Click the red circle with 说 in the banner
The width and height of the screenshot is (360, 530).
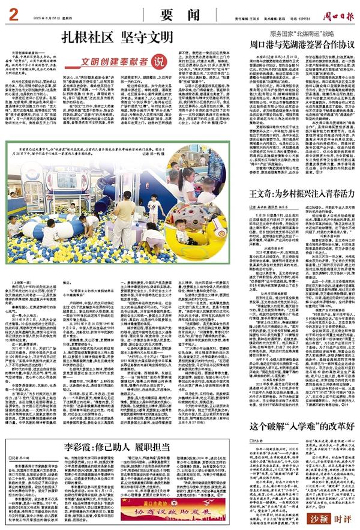pyautogui.click(x=158, y=61)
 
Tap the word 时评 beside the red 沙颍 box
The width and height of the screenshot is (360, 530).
pyautogui.click(x=344, y=518)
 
